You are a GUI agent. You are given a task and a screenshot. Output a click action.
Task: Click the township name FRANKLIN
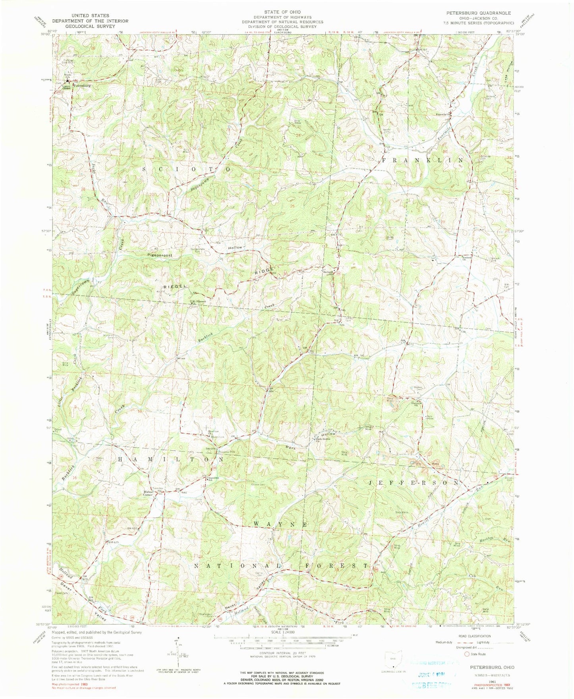422,160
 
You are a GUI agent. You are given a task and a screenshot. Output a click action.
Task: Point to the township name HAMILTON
171,459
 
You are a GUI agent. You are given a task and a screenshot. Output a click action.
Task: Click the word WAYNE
280,524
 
